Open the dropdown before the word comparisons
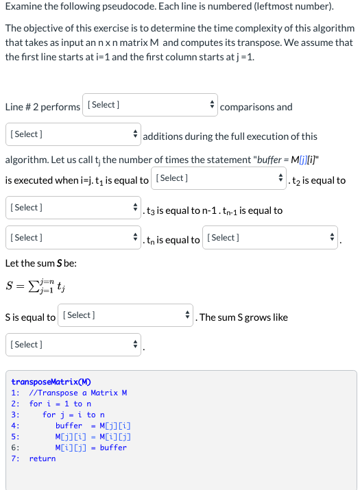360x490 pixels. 149,106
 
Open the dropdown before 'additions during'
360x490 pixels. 73,134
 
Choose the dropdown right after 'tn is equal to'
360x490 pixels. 272,238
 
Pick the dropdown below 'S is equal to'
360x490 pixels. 73,345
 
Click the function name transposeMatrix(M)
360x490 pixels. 51,382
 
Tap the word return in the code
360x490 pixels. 43,458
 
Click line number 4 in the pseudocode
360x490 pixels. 15,426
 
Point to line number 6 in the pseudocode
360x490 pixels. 15,448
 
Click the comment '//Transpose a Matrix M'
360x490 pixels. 78,393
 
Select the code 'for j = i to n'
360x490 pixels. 73,415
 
